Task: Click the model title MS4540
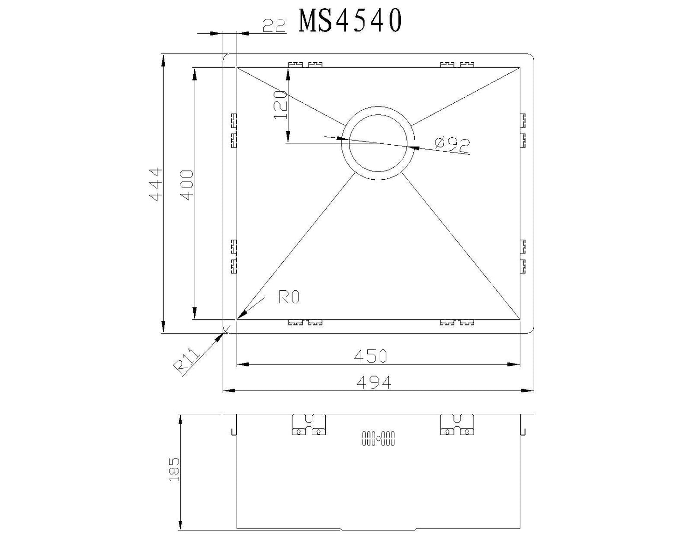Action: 350,21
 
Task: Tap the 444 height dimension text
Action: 156,184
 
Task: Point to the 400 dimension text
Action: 186,185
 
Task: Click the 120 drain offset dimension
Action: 280,105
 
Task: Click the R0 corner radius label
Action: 289,298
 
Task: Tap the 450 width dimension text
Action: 370,356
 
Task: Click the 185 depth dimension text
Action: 174,470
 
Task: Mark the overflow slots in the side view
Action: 378,438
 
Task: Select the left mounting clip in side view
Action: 309,425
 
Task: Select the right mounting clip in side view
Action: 457,425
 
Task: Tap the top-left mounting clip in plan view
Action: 305,65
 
